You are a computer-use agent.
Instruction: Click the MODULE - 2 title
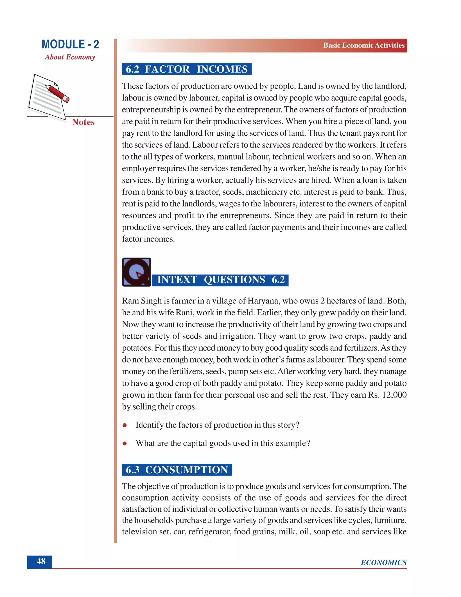pos(70,44)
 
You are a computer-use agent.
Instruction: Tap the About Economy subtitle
pos(70,57)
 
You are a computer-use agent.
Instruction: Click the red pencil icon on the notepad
pos(57,93)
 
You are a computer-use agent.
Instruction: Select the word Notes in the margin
pos(83,122)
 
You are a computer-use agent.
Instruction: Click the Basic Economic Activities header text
pos(364,45)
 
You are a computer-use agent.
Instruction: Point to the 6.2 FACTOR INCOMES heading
pos(187,69)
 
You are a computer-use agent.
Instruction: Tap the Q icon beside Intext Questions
pos(136,272)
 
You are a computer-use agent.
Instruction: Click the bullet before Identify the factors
pos(124,425)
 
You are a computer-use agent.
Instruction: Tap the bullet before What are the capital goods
pos(124,443)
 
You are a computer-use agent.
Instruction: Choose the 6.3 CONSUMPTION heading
pos(177,470)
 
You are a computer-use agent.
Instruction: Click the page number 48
pos(41,561)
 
